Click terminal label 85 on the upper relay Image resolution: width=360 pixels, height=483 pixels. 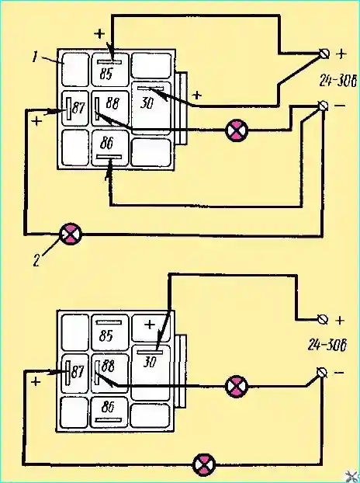[x=106, y=74]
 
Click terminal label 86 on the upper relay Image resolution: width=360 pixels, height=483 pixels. [x=107, y=143]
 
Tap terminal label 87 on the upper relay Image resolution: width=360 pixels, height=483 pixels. [x=78, y=108]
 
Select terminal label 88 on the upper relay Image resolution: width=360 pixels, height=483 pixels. [x=112, y=103]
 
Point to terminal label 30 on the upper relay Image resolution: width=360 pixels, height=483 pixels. [x=147, y=102]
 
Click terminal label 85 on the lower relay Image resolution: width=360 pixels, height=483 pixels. [x=106, y=335]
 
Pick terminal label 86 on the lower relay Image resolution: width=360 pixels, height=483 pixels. [x=107, y=407]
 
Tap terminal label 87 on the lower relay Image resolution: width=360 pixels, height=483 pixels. [x=77, y=372]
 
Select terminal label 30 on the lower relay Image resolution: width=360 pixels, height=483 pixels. [x=150, y=362]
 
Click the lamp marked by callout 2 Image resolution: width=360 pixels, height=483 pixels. [x=71, y=234]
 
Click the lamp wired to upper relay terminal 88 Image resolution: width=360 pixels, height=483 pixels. [x=237, y=130]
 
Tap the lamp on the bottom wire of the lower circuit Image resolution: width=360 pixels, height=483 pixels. [x=204, y=464]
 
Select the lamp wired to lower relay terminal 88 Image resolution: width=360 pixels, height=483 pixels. [x=237, y=386]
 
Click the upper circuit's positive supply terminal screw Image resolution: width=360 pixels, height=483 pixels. [x=324, y=54]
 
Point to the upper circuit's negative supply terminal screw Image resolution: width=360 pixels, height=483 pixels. [x=323, y=106]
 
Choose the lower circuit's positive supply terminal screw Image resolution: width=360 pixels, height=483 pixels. [x=323, y=320]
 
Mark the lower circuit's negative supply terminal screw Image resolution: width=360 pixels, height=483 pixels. [x=322, y=373]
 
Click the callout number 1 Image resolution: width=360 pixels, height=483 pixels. [x=36, y=57]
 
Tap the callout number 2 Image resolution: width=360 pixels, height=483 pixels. [x=36, y=261]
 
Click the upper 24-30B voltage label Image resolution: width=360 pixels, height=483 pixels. [x=337, y=81]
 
